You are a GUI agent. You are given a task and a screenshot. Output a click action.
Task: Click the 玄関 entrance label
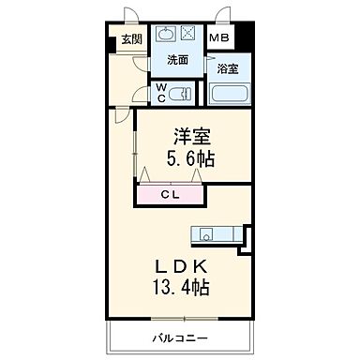[x=129, y=39]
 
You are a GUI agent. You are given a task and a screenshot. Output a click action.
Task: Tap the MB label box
[x=218, y=38]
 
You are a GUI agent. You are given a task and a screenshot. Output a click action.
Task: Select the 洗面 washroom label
[x=179, y=59]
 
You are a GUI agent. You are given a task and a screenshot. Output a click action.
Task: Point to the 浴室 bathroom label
[x=228, y=68]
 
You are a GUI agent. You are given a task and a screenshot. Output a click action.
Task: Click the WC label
[x=161, y=93]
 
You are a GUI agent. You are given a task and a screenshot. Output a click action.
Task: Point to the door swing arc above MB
[x=223, y=15]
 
